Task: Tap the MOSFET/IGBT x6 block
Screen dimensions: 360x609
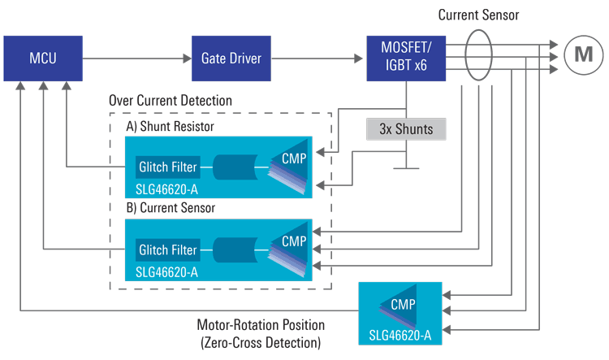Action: click(x=407, y=58)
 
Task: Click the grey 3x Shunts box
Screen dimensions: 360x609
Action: click(x=407, y=128)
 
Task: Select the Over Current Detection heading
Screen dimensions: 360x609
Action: click(x=170, y=101)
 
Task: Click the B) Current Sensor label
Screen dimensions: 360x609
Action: click(x=170, y=208)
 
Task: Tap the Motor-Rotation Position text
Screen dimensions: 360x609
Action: click(x=260, y=327)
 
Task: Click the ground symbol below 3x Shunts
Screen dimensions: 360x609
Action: click(x=407, y=167)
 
